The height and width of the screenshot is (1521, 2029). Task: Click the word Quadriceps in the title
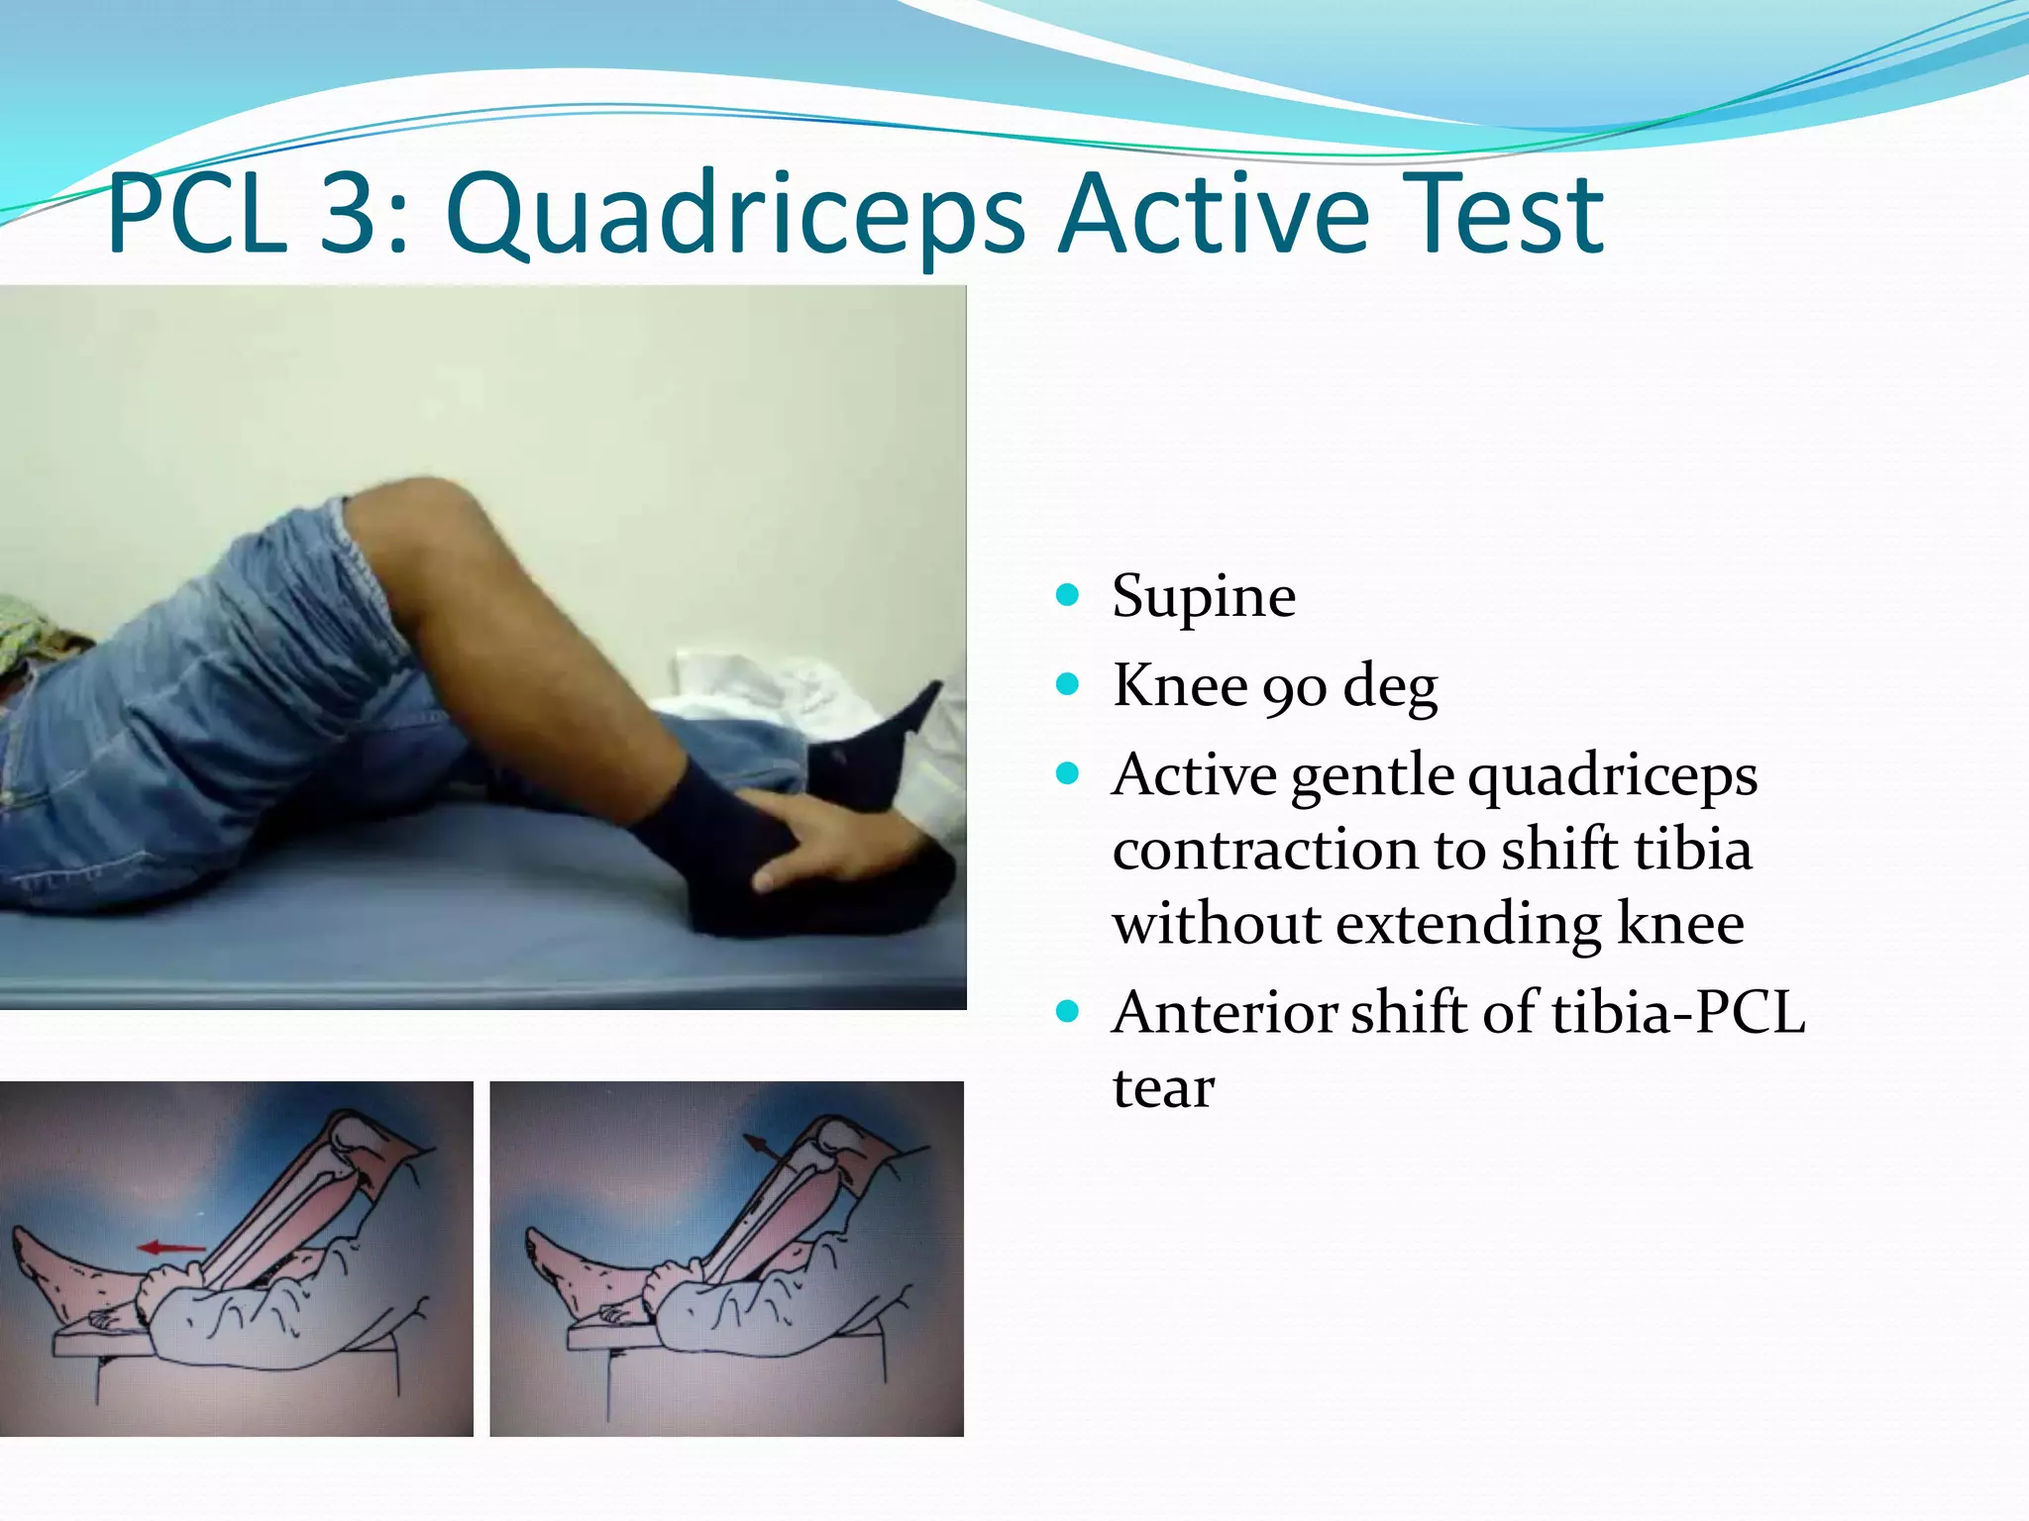pos(735,215)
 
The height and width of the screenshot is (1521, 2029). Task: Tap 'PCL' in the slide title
pos(196,215)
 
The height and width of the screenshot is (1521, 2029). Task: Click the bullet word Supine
pos(1203,597)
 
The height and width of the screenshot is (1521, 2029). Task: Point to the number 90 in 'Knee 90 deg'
pos(1294,686)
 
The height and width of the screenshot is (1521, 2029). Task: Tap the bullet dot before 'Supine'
pos(1067,595)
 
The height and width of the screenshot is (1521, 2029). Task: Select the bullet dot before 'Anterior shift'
pos(1067,1012)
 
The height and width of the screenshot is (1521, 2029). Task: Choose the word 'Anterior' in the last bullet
pos(1225,1013)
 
